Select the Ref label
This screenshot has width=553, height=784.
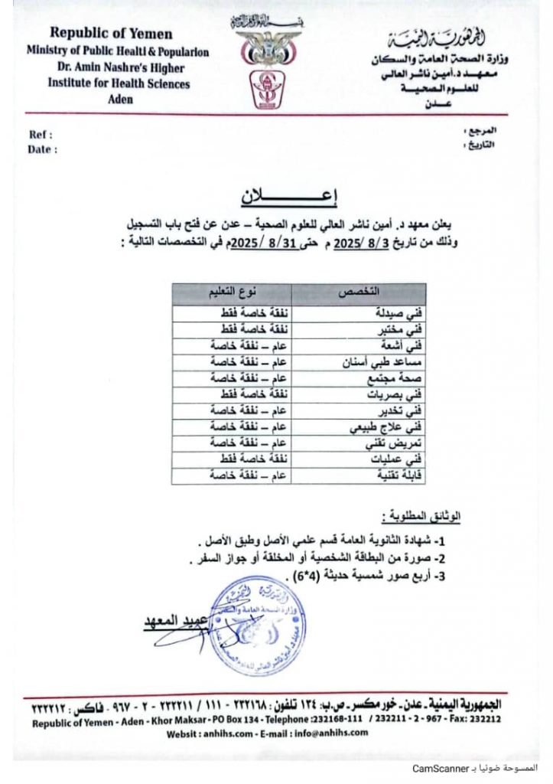pos(39,135)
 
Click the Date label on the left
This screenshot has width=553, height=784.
pos(42,149)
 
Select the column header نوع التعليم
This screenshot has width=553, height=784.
pos(234,292)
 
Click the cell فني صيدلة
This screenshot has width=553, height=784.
pos(401,312)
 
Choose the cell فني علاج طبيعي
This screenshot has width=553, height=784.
pos(387,426)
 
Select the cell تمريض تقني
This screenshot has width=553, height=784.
pos(392,443)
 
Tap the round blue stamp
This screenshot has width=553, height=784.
pos(256,624)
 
